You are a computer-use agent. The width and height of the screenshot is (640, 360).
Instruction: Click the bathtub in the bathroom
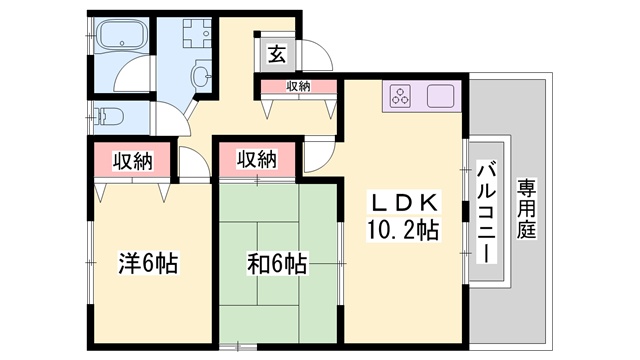tap(121, 34)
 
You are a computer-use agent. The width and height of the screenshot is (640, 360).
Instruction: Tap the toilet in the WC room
tap(108, 116)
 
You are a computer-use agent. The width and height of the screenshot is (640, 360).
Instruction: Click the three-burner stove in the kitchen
tap(400, 96)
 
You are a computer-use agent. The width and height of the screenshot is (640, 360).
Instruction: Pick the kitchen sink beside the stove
tap(440, 96)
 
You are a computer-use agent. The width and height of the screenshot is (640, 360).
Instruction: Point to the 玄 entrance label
tap(277, 54)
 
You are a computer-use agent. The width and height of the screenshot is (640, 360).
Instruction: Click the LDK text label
tap(404, 202)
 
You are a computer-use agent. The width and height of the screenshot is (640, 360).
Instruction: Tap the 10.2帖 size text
tap(403, 230)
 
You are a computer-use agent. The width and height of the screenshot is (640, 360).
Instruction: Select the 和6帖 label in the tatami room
tap(277, 264)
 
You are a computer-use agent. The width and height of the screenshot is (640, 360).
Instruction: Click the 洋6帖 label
tap(149, 264)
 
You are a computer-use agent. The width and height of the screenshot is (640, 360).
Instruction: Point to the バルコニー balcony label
tap(487, 212)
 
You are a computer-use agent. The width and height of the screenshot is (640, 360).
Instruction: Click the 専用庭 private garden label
tap(527, 208)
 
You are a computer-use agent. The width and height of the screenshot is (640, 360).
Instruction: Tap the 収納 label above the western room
tap(133, 161)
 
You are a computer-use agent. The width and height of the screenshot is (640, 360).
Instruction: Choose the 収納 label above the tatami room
tap(257, 159)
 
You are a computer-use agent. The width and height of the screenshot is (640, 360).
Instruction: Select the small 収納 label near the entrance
tap(298, 86)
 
